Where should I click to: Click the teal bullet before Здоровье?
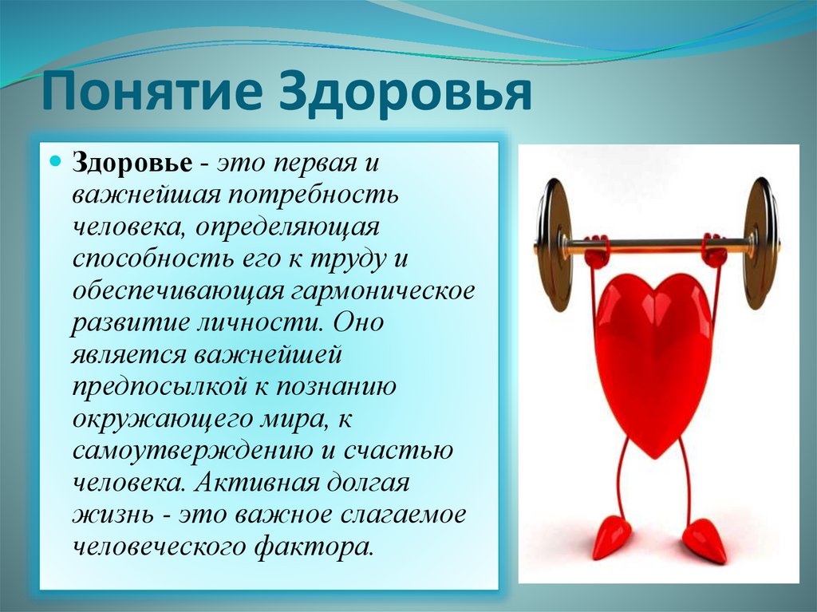(x=56, y=161)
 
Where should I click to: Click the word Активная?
(x=257, y=484)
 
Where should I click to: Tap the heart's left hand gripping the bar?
(x=596, y=251)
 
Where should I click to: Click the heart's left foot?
(x=610, y=537)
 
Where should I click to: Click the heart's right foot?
(x=705, y=539)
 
